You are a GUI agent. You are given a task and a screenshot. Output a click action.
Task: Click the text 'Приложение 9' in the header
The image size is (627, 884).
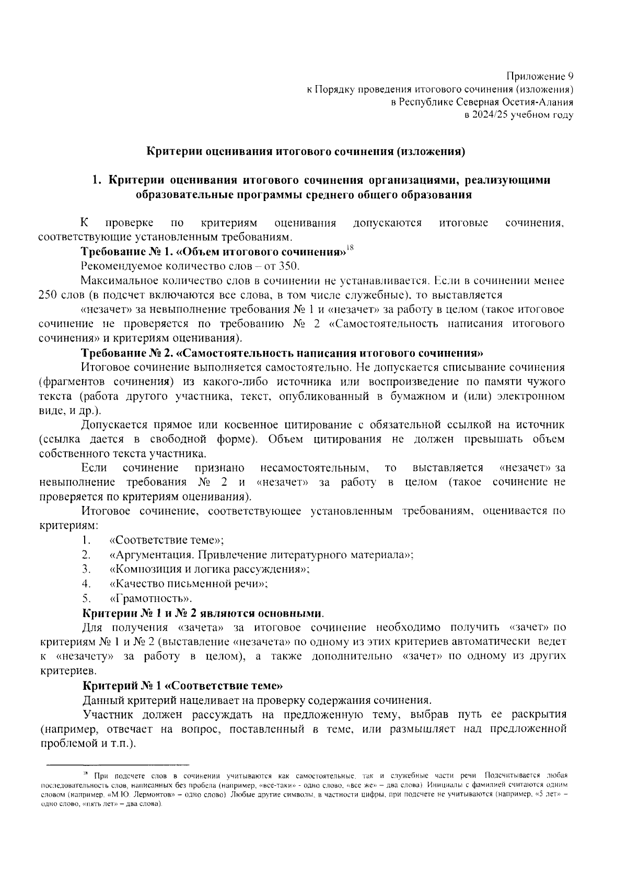541,77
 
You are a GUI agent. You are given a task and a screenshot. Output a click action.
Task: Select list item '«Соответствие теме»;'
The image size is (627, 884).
167,540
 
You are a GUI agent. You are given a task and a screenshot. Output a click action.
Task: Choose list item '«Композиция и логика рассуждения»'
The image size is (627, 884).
210,569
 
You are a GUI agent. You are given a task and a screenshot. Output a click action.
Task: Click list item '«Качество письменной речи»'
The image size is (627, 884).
189,584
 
